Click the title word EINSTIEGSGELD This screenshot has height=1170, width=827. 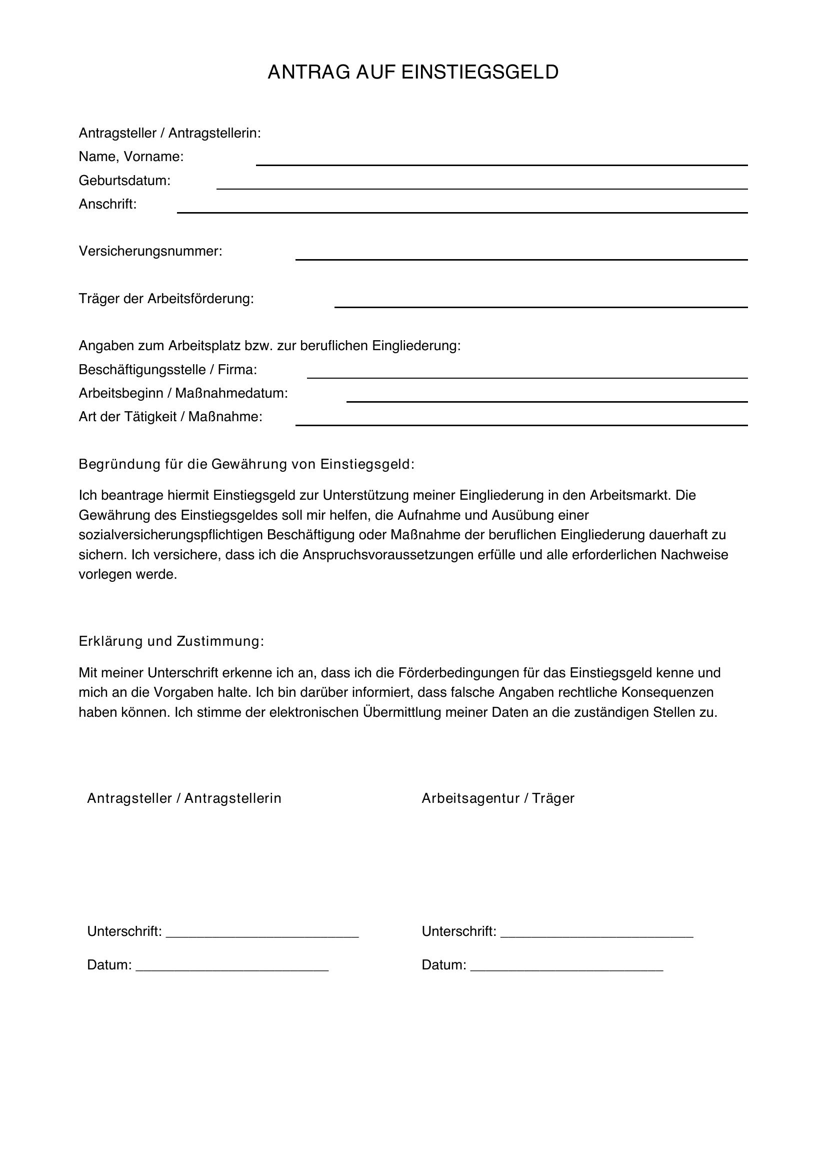coord(479,73)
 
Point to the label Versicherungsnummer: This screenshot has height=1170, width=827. coord(150,251)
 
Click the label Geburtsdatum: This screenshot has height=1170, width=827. coord(124,181)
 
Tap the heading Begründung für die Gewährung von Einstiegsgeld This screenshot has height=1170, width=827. coord(246,464)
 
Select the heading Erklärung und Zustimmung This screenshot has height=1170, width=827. coord(171,641)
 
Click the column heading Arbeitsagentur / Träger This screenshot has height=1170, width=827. coord(497,798)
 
